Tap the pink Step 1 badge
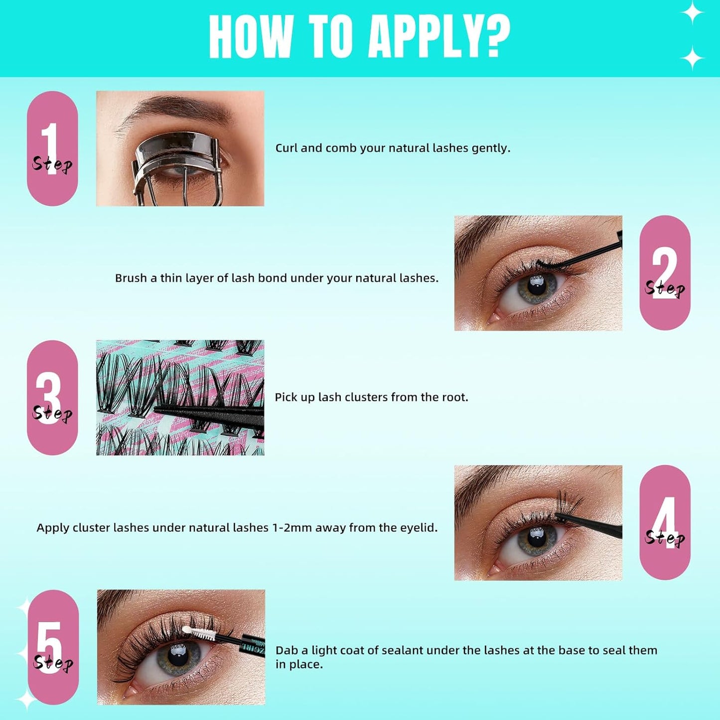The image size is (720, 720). coord(52,148)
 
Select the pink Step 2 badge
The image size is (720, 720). coord(665,273)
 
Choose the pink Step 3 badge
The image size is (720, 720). coord(52,398)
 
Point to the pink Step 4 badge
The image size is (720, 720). coord(665,522)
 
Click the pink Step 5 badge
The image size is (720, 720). coord(53,647)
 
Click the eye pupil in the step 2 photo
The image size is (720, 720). coord(536,285)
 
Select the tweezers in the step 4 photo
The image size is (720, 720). coord(593,523)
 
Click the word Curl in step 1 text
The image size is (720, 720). coord(286,148)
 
